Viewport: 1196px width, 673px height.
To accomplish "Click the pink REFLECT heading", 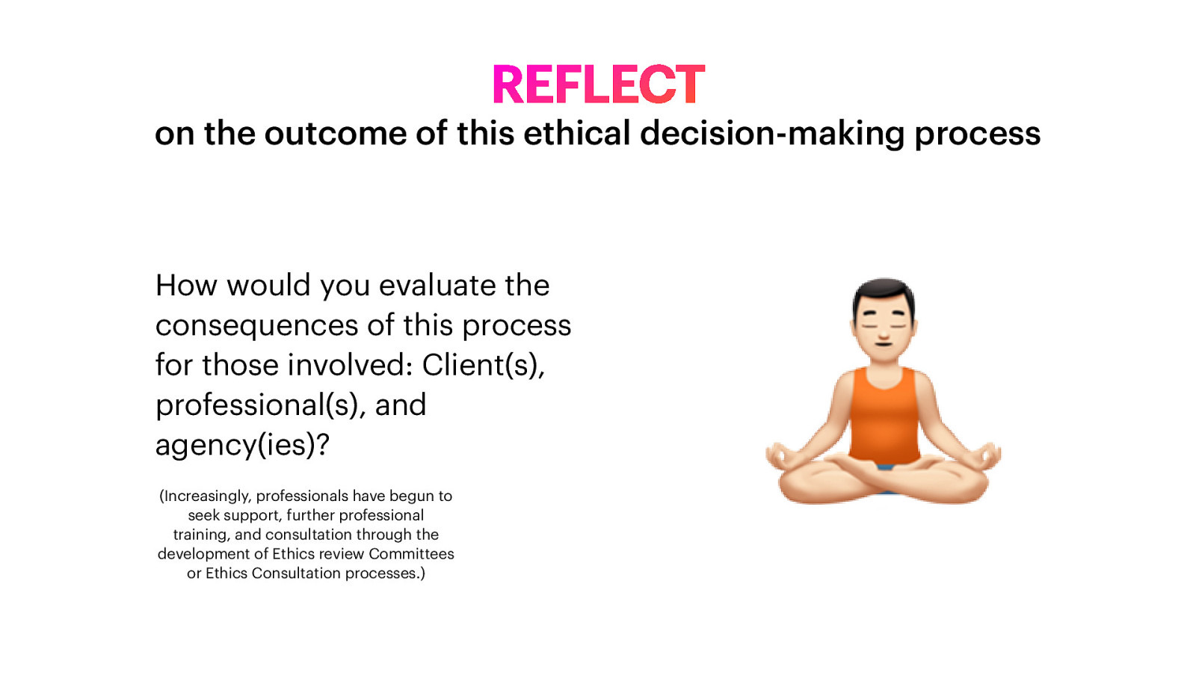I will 598,84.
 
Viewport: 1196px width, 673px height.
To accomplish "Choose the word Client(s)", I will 483,366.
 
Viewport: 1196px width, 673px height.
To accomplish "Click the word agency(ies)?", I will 242,446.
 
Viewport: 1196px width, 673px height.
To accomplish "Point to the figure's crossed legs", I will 884,482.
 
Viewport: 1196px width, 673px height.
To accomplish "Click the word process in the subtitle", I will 977,134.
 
